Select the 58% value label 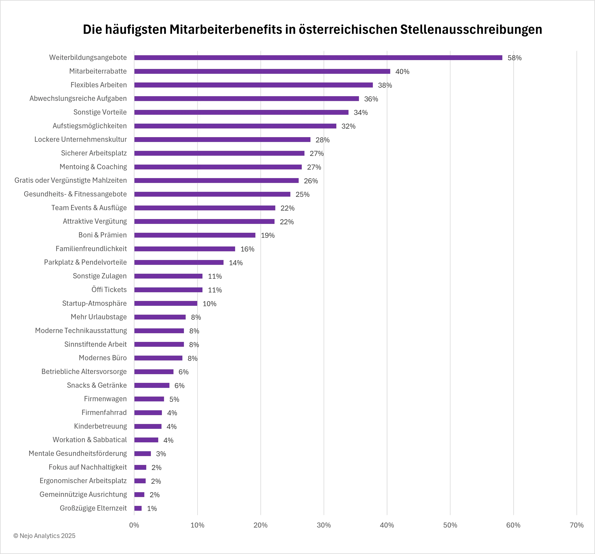coord(514,58)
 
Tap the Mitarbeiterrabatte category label coord(98,71)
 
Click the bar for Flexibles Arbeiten coord(253,85)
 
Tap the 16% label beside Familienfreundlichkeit coord(247,249)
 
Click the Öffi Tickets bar coord(168,290)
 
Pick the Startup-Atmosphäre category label coord(94,303)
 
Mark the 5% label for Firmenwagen coord(174,399)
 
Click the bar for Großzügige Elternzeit coord(138,508)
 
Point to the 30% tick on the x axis coord(324,525)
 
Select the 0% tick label coord(134,525)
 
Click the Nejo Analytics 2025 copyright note coord(44,536)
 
